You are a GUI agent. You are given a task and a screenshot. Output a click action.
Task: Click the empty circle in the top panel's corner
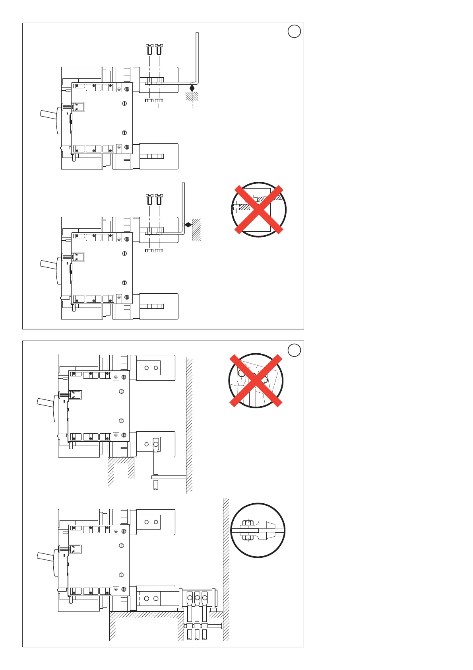[x=294, y=31]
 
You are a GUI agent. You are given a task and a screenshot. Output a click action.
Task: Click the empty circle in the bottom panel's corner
[x=294, y=350]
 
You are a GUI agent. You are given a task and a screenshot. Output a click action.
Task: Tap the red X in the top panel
[x=259, y=209]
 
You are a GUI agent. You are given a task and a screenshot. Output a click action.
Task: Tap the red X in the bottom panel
[x=256, y=381]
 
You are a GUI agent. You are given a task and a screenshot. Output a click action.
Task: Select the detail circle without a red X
[x=258, y=530]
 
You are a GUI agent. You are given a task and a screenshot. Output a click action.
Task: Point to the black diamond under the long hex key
[x=192, y=88]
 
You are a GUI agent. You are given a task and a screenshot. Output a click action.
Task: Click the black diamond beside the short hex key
[x=188, y=225]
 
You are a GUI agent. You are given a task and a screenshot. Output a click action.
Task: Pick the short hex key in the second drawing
[x=183, y=207]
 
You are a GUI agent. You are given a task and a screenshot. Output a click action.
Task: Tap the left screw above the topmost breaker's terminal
[x=150, y=50]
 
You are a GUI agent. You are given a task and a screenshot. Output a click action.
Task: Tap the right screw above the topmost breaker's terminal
[x=159, y=50]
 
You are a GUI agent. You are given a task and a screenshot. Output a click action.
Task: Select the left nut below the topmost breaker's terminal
[x=149, y=101]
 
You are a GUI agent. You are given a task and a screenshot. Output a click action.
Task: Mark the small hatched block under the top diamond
[x=192, y=96]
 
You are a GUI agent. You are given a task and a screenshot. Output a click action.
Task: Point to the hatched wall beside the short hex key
[x=196, y=230]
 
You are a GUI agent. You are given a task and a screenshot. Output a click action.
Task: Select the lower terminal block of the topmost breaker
[x=159, y=156]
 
